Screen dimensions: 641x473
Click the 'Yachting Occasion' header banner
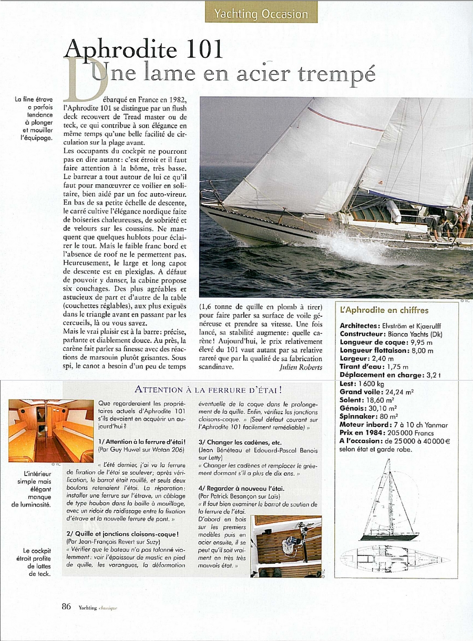click(261, 13)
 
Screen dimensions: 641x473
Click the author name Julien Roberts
click(300, 367)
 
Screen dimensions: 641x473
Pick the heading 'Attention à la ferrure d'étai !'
click(202, 390)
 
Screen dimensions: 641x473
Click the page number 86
click(66, 606)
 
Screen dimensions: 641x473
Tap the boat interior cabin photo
click(50, 430)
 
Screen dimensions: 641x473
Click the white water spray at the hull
click(352, 247)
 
